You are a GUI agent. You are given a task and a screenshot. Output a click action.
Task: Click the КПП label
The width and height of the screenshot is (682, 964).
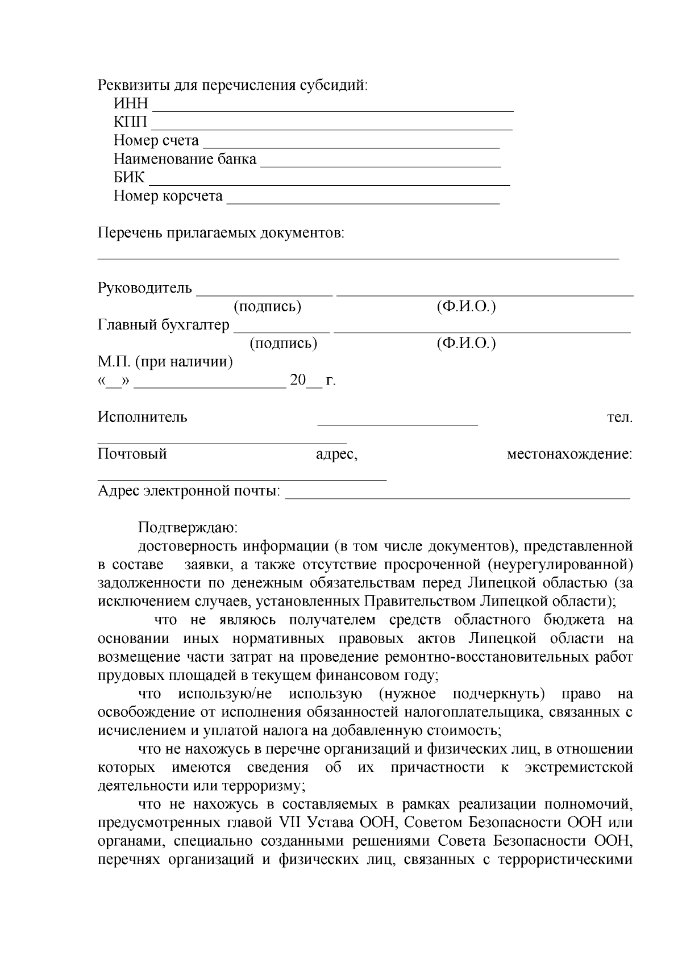[130, 122]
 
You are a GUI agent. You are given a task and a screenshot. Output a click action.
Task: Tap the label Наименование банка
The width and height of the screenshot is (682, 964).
[185, 159]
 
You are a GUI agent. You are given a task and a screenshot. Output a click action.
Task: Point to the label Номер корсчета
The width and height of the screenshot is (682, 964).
[168, 196]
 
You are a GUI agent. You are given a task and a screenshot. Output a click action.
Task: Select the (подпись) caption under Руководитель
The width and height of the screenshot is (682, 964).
[267, 307]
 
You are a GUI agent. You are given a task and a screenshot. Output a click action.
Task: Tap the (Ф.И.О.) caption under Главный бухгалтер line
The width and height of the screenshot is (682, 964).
[466, 344]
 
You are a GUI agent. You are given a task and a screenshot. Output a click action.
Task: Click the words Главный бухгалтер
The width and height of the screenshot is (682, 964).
[164, 325]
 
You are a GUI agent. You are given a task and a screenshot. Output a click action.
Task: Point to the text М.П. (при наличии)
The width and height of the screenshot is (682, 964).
[165, 362]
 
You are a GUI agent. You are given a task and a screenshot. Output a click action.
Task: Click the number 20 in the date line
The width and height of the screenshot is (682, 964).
[298, 380]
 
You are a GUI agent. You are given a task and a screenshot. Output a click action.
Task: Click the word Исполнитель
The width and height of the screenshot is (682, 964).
[142, 418]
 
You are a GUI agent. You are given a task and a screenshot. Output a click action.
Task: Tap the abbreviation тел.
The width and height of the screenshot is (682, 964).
[619, 418]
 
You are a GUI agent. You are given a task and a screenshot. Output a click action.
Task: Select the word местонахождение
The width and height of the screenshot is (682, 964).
[569, 454]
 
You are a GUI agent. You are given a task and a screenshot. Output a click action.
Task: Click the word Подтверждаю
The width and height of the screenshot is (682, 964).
[188, 528]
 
